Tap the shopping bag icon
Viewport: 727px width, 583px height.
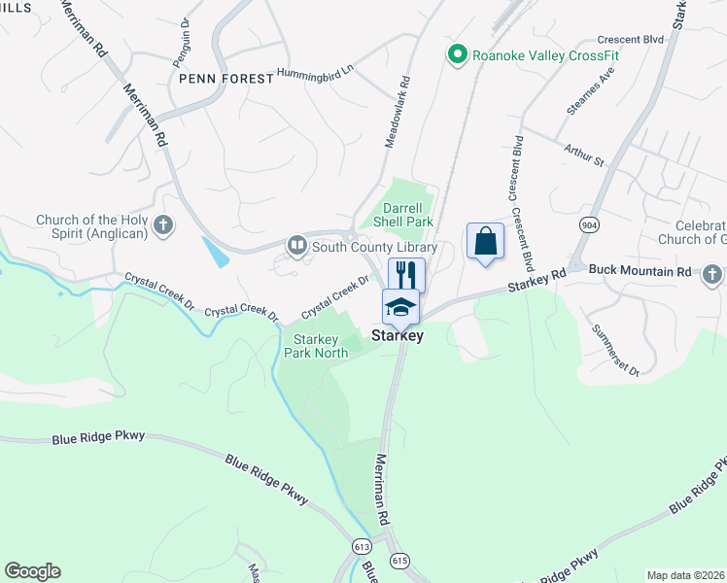pyautogui.click(x=485, y=241)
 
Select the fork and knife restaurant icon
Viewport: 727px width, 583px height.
pyautogui.click(x=406, y=274)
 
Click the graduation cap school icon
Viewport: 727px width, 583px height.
pyautogui.click(x=400, y=307)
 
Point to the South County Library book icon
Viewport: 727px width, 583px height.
pyautogui.click(x=297, y=247)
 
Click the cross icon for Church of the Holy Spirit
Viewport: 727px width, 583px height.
pyautogui.click(x=163, y=226)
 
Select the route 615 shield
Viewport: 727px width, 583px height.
pyautogui.click(x=399, y=562)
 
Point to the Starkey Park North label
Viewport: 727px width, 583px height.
pyautogui.click(x=315, y=346)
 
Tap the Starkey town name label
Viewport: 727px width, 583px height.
pyautogui.click(x=398, y=335)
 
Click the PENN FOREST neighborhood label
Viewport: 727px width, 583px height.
pyautogui.click(x=225, y=78)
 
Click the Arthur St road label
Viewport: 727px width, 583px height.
pyautogui.click(x=583, y=154)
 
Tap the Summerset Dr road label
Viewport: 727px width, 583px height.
pyautogui.click(x=615, y=351)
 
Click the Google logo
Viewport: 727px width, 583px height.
pyautogui.click(x=32, y=571)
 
